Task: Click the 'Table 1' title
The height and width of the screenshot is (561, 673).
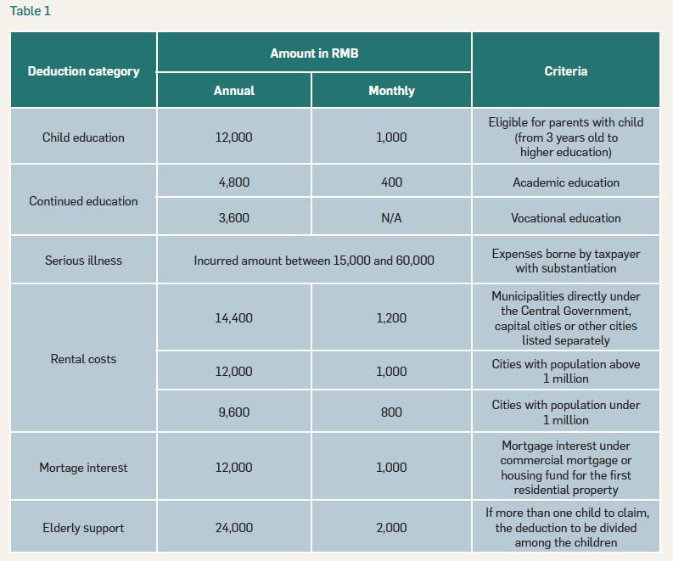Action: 30,11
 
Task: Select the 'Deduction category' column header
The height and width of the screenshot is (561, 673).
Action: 83,71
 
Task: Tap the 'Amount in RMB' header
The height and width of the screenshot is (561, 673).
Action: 314,53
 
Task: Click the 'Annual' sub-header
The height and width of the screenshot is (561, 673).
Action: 233,91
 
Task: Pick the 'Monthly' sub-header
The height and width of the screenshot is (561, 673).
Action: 391,91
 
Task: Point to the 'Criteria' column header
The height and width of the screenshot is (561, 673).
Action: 565,71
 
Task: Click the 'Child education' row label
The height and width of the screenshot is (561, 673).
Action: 83,137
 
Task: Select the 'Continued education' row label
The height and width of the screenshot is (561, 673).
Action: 83,201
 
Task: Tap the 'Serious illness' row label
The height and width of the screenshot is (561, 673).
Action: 83,261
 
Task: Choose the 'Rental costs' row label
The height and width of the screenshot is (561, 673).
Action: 83,359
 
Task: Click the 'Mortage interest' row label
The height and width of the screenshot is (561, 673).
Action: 83,468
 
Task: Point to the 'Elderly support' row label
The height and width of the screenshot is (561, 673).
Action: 83,528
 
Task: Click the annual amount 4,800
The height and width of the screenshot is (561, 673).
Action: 233,182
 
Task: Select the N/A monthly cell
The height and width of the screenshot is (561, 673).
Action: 391,218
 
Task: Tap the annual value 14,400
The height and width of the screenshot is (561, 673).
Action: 233,318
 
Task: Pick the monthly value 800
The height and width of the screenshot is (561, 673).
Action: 391,412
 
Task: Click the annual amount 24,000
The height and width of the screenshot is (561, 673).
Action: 233,528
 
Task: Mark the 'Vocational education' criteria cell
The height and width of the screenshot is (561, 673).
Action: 565,218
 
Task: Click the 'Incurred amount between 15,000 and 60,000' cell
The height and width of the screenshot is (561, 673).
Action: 314,261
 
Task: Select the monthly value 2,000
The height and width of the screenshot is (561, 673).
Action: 391,528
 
